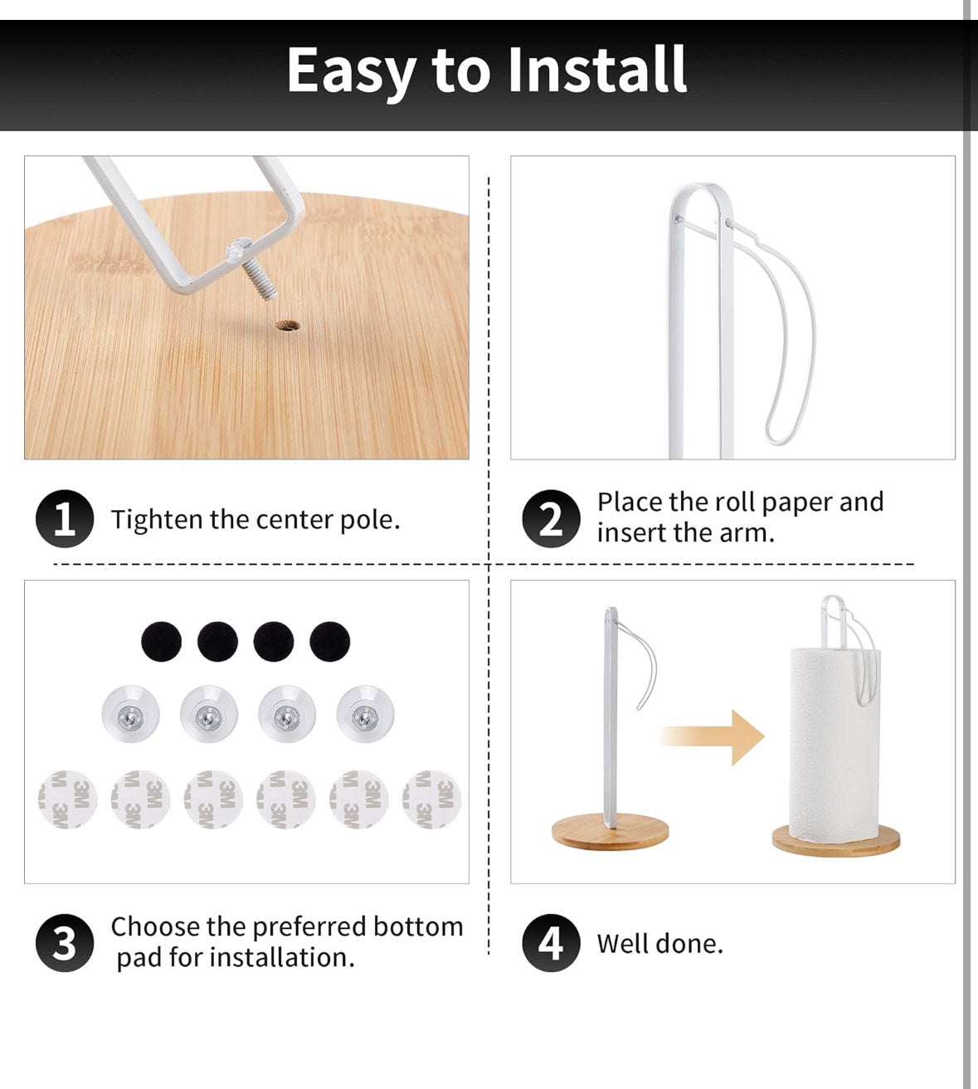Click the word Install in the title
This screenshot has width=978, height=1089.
[x=597, y=70]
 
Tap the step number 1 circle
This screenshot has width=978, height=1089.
[x=65, y=518]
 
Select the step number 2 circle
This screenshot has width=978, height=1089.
[x=551, y=518]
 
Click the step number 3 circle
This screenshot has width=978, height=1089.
[x=65, y=943]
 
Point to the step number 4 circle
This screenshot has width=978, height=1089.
[x=551, y=943]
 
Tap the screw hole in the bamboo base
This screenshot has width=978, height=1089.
[x=288, y=325]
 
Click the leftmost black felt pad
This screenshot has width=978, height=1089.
[x=161, y=641]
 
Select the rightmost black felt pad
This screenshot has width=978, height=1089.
[x=329, y=641]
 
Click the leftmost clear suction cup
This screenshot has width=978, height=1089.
[x=131, y=714]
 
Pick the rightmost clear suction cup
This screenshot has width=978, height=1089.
[x=365, y=714]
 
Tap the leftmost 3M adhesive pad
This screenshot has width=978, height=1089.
[x=67, y=800]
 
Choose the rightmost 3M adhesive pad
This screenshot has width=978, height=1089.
[x=431, y=800]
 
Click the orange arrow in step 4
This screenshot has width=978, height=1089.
[x=712, y=737]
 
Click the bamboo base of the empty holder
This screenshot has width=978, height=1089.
[x=611, y=831]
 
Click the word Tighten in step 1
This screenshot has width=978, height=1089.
[x=157, y=520]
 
